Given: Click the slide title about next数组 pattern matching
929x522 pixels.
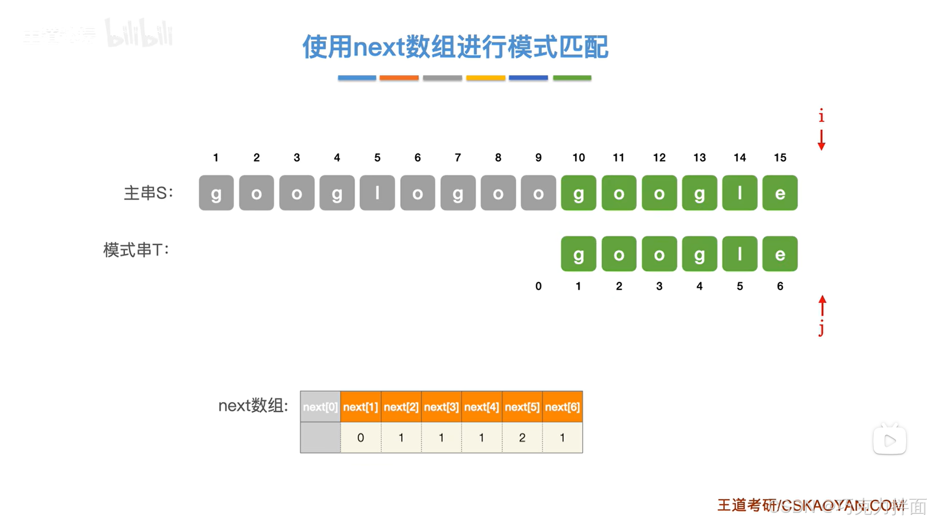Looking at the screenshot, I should [x=455, y=47].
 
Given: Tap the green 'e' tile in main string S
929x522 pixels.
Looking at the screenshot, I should [x=779, y=193].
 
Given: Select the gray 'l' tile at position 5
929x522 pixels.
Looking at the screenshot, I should [x=377, y=193].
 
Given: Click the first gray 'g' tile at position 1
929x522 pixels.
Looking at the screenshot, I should [x=216, y=193].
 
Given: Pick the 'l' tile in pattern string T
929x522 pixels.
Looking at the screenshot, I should [x=739, y=254].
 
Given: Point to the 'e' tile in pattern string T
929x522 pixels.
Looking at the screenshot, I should [x=779, y=254].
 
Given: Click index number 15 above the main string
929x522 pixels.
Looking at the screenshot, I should [x=779, y=158].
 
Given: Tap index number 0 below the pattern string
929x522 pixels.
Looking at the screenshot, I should [x=538, y=286].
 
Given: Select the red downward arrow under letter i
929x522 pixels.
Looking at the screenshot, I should [x=821, y=140].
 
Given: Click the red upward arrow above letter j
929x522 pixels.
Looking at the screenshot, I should [x=822, y=306].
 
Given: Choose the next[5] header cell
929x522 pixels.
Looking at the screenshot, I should [x=522, y=407].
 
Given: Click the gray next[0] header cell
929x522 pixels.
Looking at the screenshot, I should [x=320, y=407].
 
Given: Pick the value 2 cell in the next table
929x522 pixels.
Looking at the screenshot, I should [x=522, y=438].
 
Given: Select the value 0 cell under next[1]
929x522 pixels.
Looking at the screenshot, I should [x=361, y=438].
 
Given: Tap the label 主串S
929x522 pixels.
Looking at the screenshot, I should [x=148, y=193].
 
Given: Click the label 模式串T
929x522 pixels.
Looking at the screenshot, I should [x=136, y=250].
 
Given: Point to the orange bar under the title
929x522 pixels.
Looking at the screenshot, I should [x=399, y=78].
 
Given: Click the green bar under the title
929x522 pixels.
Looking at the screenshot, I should [x=572, y=78].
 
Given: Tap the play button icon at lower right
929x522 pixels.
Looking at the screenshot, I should [x=889, y=440].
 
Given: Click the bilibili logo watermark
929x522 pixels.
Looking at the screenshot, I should [x=139, y=34].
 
